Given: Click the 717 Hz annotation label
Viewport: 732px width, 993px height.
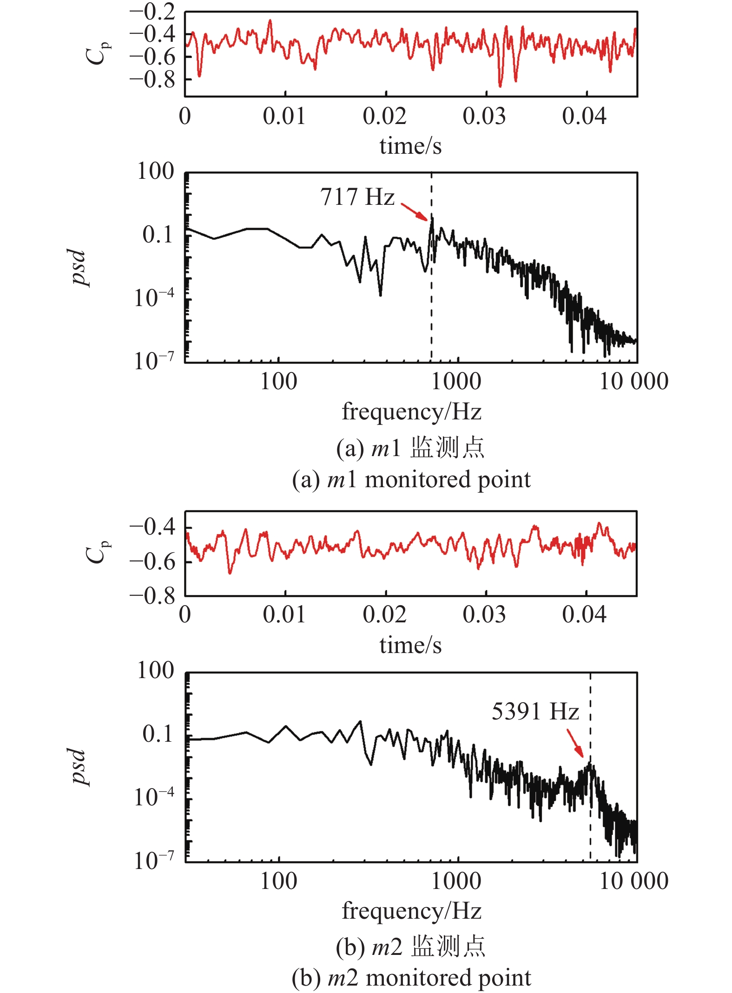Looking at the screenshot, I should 357,197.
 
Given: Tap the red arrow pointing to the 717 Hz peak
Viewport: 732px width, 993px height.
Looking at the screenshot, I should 415,212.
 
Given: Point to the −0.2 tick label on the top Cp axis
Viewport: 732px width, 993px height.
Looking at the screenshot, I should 152,12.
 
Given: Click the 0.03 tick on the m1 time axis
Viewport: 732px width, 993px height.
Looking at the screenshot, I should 484,116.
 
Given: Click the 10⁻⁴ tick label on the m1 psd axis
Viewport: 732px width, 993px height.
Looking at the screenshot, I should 154,298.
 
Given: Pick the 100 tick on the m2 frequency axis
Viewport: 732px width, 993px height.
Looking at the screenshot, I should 278,881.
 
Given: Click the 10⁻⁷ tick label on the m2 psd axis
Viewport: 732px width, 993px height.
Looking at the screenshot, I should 154,861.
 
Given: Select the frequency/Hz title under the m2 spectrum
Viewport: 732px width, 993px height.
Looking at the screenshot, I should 411,911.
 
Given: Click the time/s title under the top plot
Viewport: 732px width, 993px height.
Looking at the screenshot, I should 410,146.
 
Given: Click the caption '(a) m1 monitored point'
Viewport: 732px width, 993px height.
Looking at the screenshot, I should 411,479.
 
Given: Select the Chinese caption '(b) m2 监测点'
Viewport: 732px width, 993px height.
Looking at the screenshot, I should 410,947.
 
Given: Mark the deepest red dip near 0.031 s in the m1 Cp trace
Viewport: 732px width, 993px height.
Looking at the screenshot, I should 500,85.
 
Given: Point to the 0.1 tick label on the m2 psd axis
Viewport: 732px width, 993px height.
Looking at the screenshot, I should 158,734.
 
